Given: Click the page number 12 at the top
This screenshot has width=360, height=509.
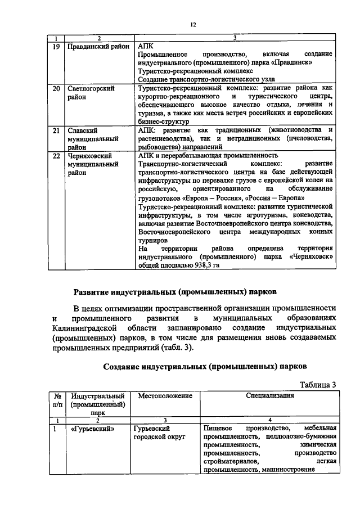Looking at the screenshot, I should coord(192,24).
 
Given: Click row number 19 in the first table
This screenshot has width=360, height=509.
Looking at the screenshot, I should coord(56,46).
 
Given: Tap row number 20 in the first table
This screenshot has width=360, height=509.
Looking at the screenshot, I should coord(56,89).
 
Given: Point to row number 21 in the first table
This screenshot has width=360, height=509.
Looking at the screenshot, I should coord(56,130).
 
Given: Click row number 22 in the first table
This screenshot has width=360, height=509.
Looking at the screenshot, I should coord(56,155).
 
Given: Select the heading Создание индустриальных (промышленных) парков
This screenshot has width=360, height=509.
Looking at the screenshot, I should coord(205,366).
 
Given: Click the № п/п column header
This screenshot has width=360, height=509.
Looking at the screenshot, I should coord(57,400).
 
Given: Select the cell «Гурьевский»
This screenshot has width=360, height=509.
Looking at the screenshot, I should coord(93,429).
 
